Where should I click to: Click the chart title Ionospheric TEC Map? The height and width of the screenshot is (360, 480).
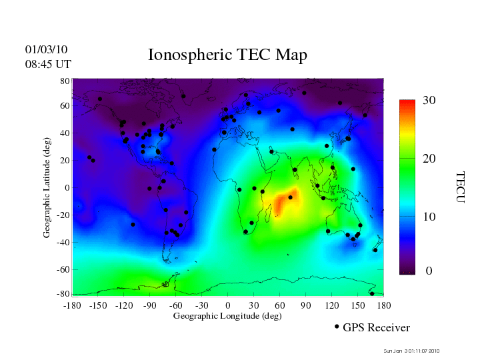point(227,55)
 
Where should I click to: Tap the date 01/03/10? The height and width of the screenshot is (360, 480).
point(46,49)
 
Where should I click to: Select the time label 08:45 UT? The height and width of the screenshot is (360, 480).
point(48,64)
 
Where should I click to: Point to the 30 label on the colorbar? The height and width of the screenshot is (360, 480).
point(429,101)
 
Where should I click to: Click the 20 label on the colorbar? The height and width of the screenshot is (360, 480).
point(429,161)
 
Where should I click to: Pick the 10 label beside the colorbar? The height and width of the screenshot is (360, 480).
point(429,217)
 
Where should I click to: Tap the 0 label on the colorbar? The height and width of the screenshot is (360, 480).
point(429,271)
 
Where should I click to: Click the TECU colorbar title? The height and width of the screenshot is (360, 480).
point(461,187)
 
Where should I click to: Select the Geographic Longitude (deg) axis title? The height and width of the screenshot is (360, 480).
point(227,316)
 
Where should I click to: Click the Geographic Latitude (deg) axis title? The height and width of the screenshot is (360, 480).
point(47,192)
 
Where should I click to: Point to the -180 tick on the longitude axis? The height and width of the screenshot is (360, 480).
point(72,305)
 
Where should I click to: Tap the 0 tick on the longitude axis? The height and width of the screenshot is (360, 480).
point(228,305)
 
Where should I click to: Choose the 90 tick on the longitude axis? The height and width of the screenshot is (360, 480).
point(306,305)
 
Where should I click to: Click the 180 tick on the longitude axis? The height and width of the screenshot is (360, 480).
point(384,305)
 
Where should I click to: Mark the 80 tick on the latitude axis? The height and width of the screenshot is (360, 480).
point(65,81)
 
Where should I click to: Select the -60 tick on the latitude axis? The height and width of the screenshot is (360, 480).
point(63,269)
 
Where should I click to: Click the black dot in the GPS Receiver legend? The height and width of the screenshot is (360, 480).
point(337,327)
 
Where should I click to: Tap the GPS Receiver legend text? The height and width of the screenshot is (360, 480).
point(376,327)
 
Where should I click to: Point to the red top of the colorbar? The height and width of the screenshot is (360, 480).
point(407,104)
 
